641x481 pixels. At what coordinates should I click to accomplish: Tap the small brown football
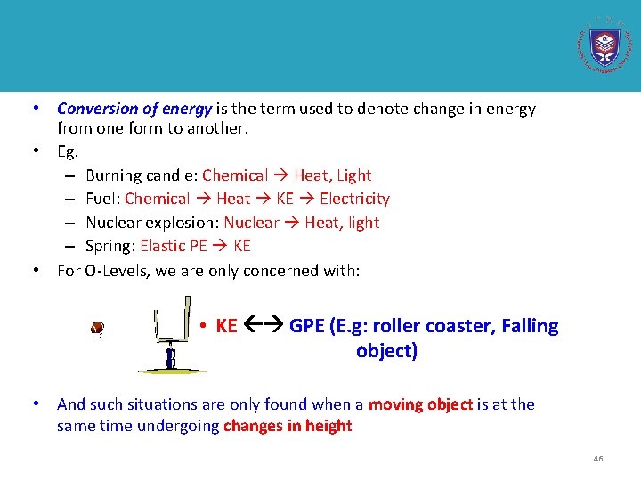click(x=97, y=329)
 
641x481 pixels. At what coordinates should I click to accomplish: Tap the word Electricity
click(x=354, y=200)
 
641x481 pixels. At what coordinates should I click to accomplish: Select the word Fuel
click(x=101, y=200)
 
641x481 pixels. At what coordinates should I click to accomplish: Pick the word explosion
click(x=182, y=223)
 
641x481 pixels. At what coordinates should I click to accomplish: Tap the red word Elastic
click(x=163, y=246)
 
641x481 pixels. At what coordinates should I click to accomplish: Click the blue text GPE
click(x=307, y=326)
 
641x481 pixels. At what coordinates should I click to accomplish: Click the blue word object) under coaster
click(x=386, y=351)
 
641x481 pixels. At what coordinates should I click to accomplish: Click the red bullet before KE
click(x=204, y=326)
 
